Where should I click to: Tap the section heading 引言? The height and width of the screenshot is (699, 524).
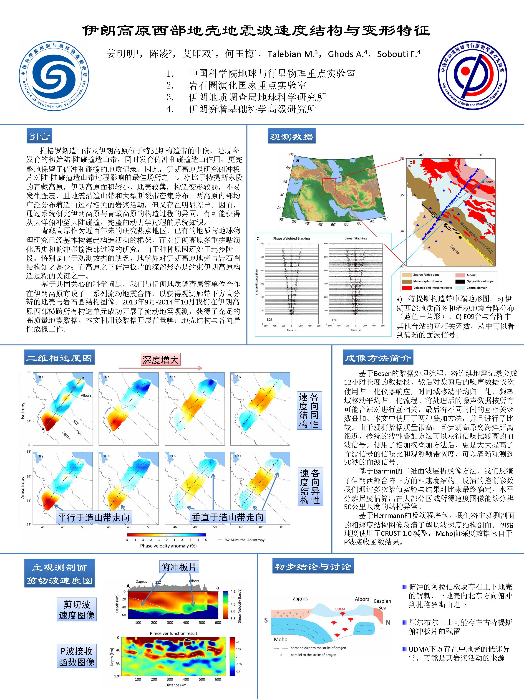39,137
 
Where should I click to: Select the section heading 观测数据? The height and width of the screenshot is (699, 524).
291,137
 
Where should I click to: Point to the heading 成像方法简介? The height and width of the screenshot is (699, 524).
378,358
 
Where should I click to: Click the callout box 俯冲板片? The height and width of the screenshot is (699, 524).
179,567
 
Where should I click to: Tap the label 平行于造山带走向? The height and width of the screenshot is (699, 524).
93,517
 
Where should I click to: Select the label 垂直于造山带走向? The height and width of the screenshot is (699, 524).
227,517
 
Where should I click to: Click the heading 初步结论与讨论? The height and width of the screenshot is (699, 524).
312,567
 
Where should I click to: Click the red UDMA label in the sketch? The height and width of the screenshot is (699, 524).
340,609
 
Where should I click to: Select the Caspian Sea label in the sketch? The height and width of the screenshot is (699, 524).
382,604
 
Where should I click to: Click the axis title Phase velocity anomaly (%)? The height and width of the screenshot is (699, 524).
168,546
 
